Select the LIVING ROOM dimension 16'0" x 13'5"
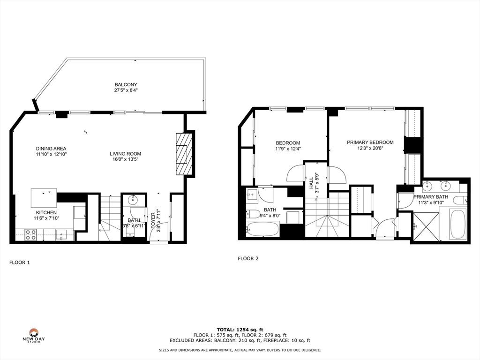click(x=125, y=159)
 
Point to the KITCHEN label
click(x=46, y=212)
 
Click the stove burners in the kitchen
click(x=30, y=234)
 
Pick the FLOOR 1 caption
click(x=20, y=262)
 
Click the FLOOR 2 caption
click(x=248, y=258)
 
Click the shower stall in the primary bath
click(x=426, y=227)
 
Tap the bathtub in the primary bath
click(x=457, y=225)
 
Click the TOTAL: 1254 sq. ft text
click(x=240, y=329)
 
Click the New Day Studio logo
click(x=33, y=335)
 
